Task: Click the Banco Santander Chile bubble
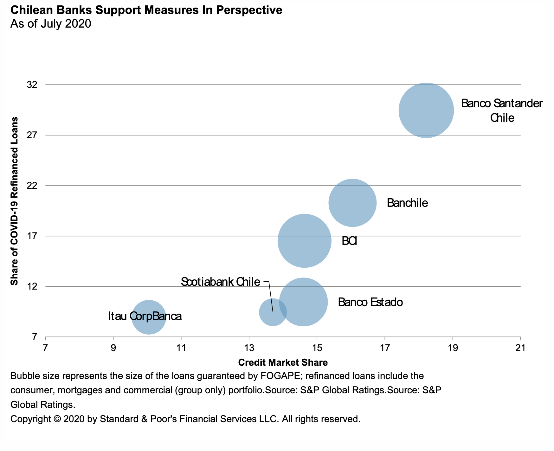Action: [426, 110]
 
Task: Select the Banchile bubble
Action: [352, 203]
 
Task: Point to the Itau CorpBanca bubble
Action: [149, 317]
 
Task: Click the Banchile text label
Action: [407, 203]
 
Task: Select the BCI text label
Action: [349, 241]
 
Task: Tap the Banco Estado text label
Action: [370, 302]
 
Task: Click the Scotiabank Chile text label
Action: [220, 282]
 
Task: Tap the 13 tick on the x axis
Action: [249, 348]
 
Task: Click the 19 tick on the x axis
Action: [452, 348]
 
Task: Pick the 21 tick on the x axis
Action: [520, 348]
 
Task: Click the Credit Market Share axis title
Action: [283, 362]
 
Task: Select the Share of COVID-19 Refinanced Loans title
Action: [14, 201]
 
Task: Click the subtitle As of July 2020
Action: [51, 24]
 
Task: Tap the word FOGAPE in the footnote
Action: [280, 376]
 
